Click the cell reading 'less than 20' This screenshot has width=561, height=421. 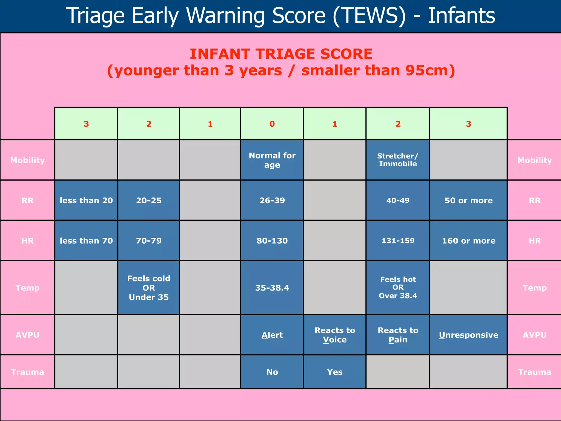tap(86, 200)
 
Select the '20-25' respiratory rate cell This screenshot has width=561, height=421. tap(149, 200)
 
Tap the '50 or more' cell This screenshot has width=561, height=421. tap(468, 200)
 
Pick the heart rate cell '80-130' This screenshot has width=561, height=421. tap(272, 241)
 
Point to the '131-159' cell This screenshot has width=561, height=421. tap(398, 241)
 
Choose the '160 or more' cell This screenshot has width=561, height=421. tap(468, 241)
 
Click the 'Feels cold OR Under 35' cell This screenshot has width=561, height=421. tap(149, 288)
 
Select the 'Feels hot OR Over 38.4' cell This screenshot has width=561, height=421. tap(398, 288)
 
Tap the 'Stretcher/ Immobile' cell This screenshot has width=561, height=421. tap(398, 160)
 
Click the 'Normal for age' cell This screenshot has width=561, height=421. tap(272, 160)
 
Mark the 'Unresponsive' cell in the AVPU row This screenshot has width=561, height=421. tap(468, 335)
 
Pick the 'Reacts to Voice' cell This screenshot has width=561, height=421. tap(335, 335)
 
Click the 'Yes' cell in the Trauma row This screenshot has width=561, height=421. tap(335, 372)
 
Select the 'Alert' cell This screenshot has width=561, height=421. tap(272, 335)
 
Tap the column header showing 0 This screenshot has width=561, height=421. tap(272, 124)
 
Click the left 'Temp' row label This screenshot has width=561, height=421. tap(27, 288)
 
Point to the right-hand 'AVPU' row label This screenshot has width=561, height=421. tap(534, 335)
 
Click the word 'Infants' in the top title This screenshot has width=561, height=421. tap(461, 16)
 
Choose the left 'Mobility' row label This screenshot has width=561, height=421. tap(27, 160)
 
